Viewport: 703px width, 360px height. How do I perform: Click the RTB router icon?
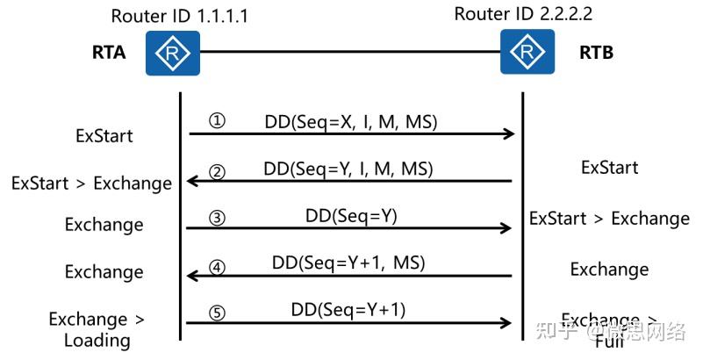click(527, 52)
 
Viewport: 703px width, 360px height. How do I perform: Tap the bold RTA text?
click(109, 53)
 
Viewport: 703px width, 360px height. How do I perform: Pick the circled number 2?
click(217, 171)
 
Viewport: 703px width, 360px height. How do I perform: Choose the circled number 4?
click(217, 264)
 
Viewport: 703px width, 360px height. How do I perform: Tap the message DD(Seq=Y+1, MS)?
click(349, 262)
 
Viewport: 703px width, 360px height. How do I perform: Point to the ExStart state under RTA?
click(104, 136)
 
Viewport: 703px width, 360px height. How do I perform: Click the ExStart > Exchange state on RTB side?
click(609, 218)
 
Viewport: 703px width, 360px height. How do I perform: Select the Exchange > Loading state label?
click(97, 329)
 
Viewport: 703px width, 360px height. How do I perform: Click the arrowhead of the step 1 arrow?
click(508, 133)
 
